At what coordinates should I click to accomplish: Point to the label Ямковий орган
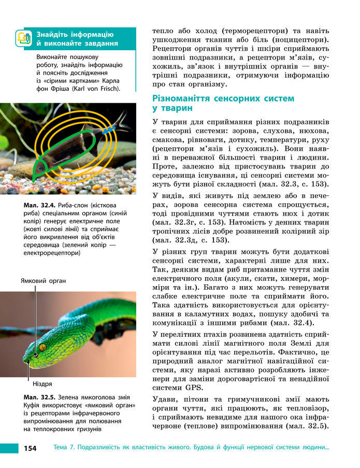click(x=44, y=280)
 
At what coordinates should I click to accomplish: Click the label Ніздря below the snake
click(x=42, y=384)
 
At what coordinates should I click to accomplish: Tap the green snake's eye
click(x=42, y=347)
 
